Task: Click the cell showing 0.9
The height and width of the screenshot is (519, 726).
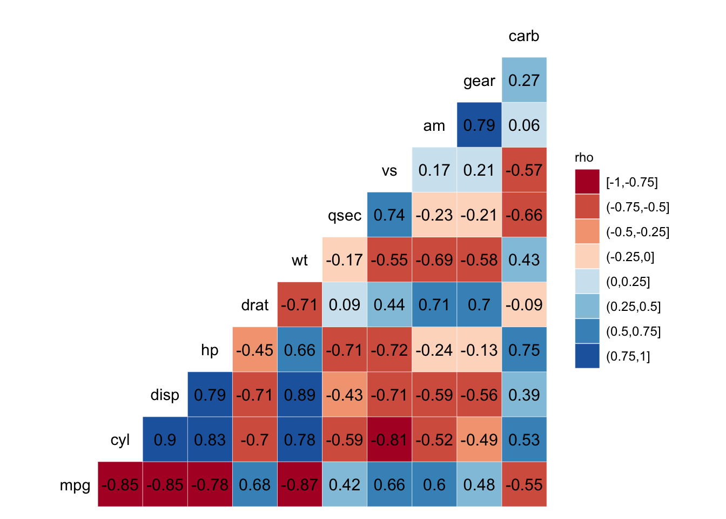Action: click(x=165, y=440)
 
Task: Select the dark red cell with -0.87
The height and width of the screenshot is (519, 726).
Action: click(x=299, y=484)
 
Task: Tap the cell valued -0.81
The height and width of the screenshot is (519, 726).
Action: click(x=389, y=440)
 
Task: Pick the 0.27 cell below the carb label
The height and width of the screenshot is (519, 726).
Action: click(x=523, y=80)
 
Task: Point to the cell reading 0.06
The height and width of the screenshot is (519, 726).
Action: click(x=523, y=125)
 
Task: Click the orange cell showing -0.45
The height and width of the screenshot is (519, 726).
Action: click(x=254, y=350)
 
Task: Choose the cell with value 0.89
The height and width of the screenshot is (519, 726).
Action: click(x=299, y=395)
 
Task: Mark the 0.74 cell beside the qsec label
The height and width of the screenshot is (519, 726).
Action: click(x=389, y=215)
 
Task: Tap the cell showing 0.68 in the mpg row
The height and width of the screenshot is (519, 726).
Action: click(x=254, y=484)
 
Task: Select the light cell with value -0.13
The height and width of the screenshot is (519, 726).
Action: click(x=479, y=350)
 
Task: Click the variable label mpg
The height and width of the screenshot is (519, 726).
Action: click(x=75, y=485)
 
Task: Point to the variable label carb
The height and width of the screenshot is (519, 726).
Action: click(x=523, y=36)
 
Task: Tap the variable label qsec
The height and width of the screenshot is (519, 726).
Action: click(x=345, y=216)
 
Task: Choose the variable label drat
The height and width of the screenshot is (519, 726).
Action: click(x=255, y=305)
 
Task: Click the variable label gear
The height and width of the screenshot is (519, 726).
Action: click(x=479, y=81)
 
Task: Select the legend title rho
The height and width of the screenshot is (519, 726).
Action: click(x=584, y=157)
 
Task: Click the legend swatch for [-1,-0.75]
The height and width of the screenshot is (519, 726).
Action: click(x=587, y=182)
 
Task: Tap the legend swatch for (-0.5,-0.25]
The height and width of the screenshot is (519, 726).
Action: click(x=587, y=231)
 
